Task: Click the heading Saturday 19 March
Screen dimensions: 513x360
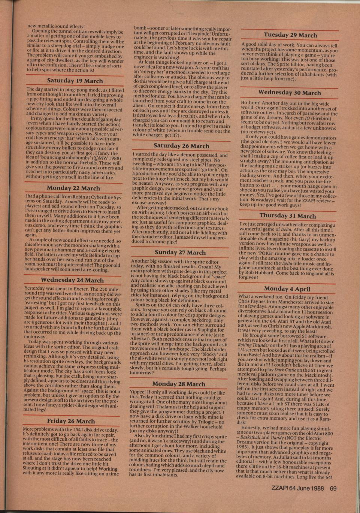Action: coord(75,81)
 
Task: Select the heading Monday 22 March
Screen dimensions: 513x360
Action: coord(73,188)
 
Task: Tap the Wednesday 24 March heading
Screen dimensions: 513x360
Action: coord(72,280)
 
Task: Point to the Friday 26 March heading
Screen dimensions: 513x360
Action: coord(71,421)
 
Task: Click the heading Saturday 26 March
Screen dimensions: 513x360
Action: coord(181,145)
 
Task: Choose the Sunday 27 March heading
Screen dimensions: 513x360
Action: coord(180,252)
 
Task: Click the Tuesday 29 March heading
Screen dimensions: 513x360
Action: coord(290,35)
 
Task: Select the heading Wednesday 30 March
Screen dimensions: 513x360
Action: coord(290,93)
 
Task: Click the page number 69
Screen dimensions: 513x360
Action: coord(333,488)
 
